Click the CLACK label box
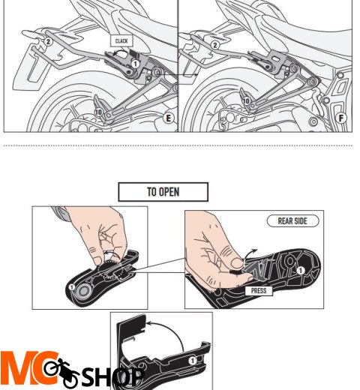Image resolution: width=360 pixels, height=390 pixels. [121, 41]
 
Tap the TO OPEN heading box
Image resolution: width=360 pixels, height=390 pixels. [163, 192]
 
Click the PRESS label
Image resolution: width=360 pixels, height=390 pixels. [258, 289]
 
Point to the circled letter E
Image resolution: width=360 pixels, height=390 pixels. [169, 118]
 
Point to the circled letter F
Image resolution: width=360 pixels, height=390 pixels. [342, 118]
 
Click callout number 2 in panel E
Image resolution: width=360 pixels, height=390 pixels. [47, 41]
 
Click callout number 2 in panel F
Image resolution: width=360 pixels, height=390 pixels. [215, 45]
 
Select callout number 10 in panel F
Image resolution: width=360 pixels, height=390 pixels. [246, 100]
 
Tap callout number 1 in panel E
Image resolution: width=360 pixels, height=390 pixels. [136, 64]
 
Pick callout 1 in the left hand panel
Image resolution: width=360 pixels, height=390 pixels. [72, 286]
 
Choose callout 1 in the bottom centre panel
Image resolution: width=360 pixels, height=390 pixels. [191, 360]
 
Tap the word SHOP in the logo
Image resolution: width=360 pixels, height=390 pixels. [112, 377]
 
